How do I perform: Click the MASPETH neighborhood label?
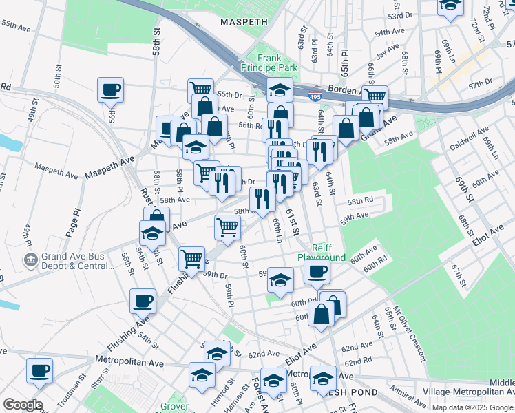(x=243, y=22)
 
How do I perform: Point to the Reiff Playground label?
(x=322, y=253)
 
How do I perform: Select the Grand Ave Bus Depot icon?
(x=31, y=260)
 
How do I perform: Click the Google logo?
(x=22, y=404)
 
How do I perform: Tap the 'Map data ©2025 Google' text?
(x=472, y=407)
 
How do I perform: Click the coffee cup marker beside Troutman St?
(x=39, y=370)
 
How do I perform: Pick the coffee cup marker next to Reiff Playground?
(x=317, y=271)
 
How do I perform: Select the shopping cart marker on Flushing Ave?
(x=192, y=259)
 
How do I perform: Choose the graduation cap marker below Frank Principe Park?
(x=280, y=89)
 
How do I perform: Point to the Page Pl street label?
(x=73, y=220)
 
